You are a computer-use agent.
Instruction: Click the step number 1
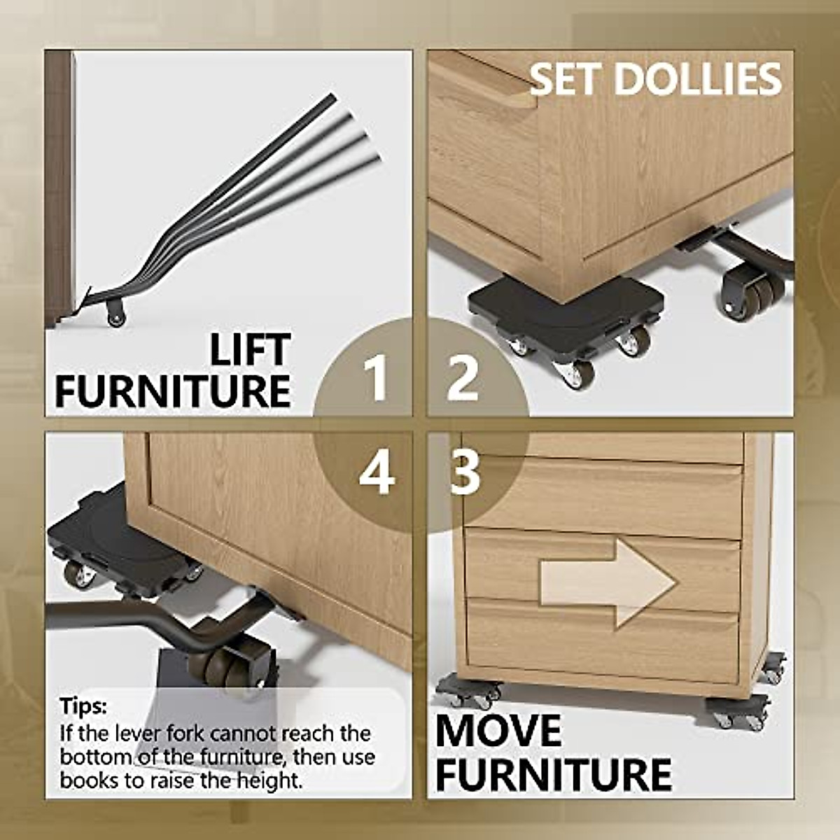[x=376, y=378]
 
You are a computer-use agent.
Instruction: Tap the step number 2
[x=463, y=378]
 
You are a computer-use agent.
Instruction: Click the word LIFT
[x=250, y=350]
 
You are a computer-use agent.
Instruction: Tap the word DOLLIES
[x=699, y=79]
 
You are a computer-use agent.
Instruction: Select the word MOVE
[x=498, y=731]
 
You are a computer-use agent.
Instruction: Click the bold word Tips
[x=83, y=706]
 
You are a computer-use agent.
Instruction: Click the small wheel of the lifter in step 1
[x=115, y=316]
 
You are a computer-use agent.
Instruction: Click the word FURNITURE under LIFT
[x=173, y=391]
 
